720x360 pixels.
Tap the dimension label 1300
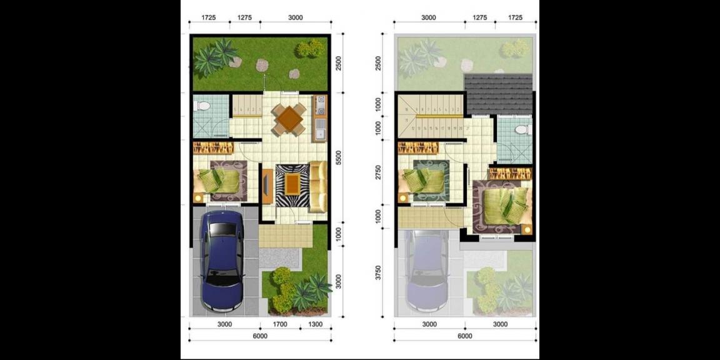(x=316, y=324)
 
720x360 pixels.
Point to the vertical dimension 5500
(x=338, y=157)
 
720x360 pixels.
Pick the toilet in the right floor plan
(x=522, y=130)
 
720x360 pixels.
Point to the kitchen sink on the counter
(x=321, y=131)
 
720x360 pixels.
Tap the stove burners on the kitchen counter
(x=320, y=106)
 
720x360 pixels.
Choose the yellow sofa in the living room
(x=318, y=186)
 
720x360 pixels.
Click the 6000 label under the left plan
(x=260, y=336)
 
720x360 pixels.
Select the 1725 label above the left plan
(x=209, y=18)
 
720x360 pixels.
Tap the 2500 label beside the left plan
(x=338, y=64)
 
